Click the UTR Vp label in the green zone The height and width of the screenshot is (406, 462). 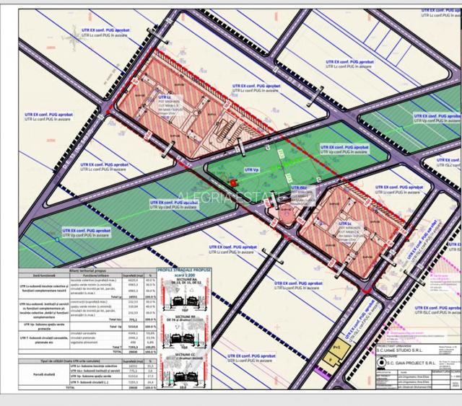252,168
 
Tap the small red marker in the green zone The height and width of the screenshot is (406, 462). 235,182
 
